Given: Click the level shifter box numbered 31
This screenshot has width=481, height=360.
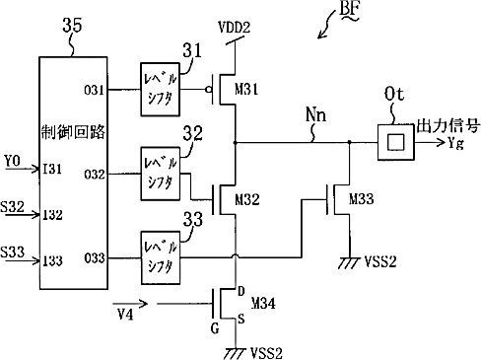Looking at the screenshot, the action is pos(160,90).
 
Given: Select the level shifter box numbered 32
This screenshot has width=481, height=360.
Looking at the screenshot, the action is pos(161,174).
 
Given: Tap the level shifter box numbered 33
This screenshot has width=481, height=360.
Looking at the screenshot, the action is pos(161,257).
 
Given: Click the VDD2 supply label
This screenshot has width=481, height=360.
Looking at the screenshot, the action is pos(235,28).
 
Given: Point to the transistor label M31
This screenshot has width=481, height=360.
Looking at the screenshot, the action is pos(246,89).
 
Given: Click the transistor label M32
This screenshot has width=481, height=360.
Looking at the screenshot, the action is pos(247,199).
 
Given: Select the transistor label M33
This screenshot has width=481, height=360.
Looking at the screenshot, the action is pos(362,199).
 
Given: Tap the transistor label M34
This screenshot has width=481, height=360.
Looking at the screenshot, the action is pos(263,303).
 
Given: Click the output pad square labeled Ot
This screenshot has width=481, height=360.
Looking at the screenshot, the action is pos(396,142).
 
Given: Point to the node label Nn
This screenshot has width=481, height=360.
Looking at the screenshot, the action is pos(315,114).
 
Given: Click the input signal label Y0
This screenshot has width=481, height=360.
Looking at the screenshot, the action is pos(13,161).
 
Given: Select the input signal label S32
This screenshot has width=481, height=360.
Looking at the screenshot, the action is pos(13,207).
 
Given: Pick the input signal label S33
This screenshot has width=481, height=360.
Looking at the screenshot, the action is pos(13,252).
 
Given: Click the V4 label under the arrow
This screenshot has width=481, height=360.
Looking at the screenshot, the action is pos(125,315).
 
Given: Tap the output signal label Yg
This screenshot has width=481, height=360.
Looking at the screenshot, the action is pos(455,143).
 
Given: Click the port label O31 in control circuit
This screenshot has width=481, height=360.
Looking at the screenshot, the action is pos(95,90).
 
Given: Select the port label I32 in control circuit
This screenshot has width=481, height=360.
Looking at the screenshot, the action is pos(52,215).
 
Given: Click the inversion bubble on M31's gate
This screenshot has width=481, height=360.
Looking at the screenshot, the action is pos(208,90).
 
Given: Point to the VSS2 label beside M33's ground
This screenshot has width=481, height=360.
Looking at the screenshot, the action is pos(380,261).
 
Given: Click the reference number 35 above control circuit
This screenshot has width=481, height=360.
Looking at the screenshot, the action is pos(72,25).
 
